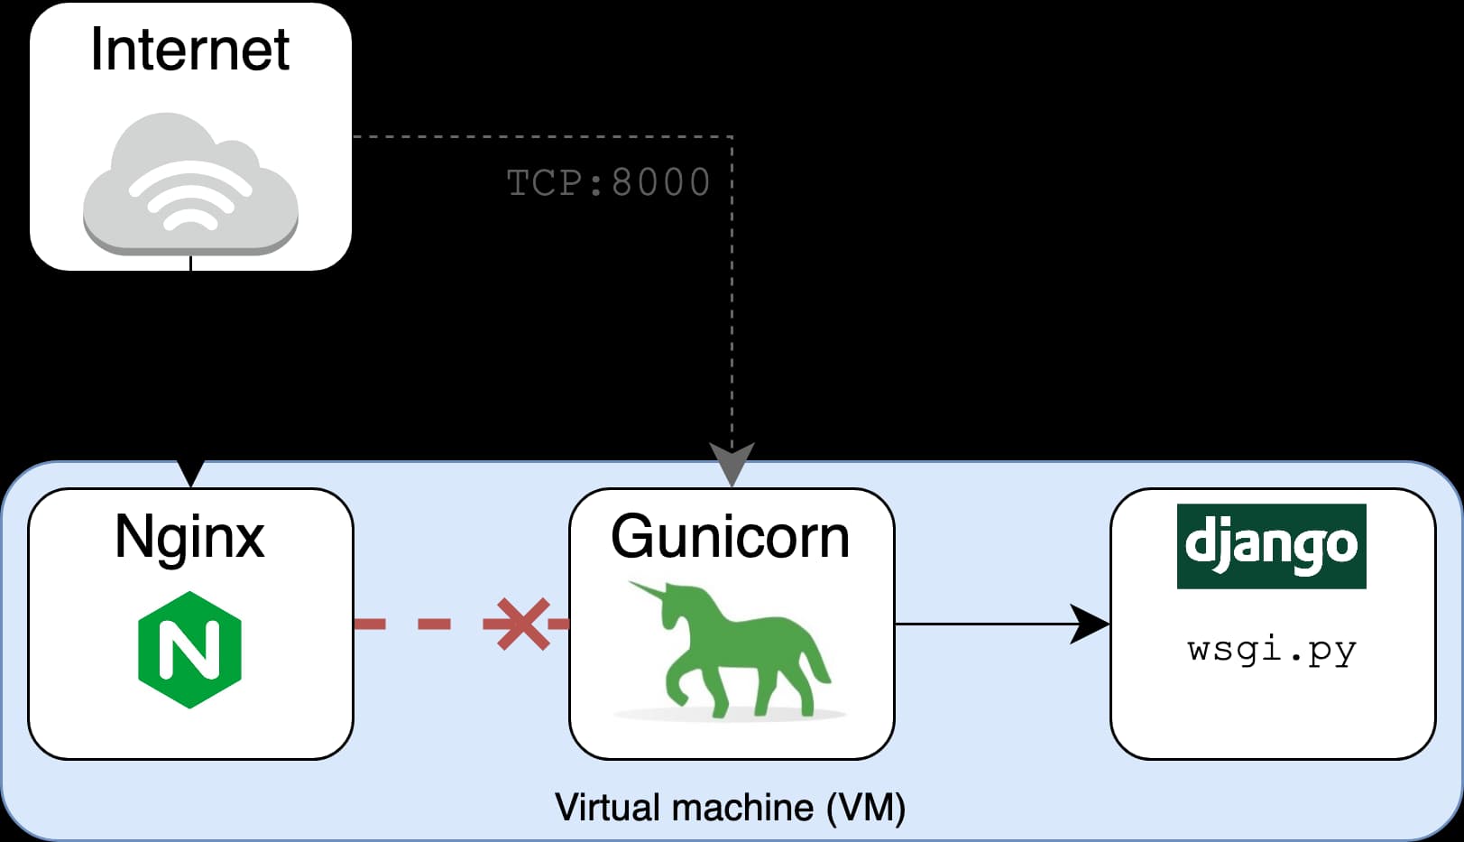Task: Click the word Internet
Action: coord(189,50)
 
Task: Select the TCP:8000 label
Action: coord(608,182)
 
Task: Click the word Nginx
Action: coord(189,538)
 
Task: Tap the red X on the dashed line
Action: coord(522,624)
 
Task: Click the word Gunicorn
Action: coord(731,538)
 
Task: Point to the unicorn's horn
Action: coord(648,591)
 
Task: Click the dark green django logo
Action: coord(1271,546)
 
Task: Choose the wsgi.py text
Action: coord(1271,650)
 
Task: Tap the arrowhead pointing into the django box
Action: coord(1091,624)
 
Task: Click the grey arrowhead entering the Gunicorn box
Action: coord(732,463)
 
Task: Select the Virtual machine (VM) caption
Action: coord(731,807)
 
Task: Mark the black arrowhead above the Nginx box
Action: coord(191,472)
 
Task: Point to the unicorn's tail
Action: coord(816,663)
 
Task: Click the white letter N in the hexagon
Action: coord(189,650)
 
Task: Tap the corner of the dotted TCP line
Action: coord(732,137)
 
